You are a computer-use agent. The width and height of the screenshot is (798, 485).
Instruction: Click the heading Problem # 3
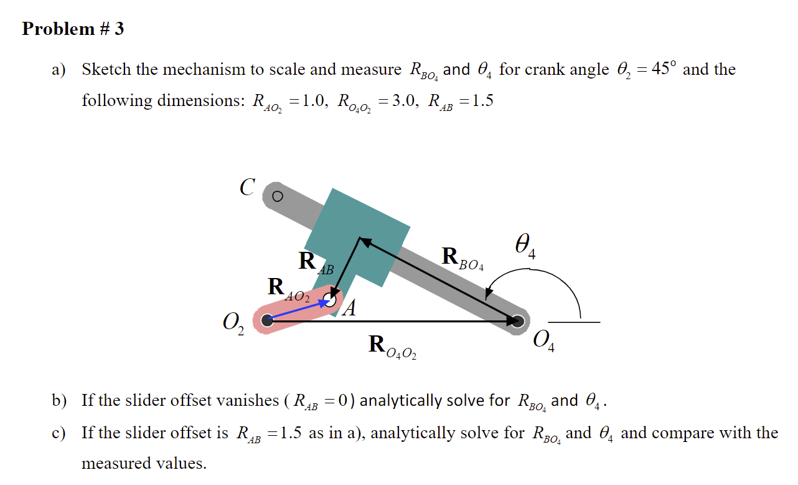tap(73, 29)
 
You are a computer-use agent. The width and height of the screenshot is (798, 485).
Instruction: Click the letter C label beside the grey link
tap(247, 187)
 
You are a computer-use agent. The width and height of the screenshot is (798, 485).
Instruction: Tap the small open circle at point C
tap(278, 196)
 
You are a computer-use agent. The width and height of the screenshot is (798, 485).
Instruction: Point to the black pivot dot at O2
tap(268, 321)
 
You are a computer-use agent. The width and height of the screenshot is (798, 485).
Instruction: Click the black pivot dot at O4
tap(517, 321)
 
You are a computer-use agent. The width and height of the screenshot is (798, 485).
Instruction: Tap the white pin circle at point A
tap(331, 301)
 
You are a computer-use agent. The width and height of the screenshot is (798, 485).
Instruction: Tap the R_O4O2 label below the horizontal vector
tap(392, 347)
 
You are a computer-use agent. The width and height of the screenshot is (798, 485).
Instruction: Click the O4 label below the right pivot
tap(544, 342)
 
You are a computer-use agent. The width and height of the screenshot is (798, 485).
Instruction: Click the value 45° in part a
tap(661, 69)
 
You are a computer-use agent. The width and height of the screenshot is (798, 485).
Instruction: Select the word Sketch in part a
tap(107, 69)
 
